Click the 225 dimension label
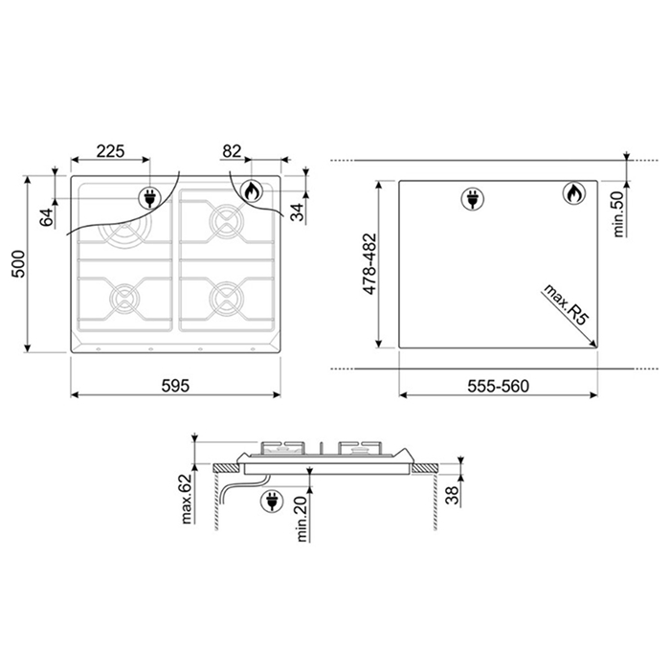(x=110, y=151)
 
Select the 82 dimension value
(x=232, y=151)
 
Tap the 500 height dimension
(x=18, y=264)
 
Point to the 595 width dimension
(x=175, y=386)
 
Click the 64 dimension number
(x=47, y=217)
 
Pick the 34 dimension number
(x=297, y=212)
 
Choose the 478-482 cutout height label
(x=369, y=263)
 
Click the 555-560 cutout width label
(x=499, y=386)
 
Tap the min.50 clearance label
(x=618, y=213)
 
